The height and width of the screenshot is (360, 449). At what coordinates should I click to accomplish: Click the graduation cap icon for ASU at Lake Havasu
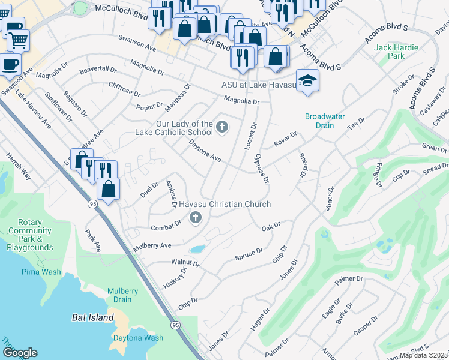307,81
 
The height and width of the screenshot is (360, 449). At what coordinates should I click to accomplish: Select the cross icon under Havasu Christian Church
195,218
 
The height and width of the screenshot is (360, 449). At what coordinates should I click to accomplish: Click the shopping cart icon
18,40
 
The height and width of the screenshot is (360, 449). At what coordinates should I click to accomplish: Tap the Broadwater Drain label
325,121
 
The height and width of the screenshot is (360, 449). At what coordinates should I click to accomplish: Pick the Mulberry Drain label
123,295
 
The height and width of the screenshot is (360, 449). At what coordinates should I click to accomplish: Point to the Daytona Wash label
138,338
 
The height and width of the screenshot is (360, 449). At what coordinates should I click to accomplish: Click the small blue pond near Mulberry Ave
197,248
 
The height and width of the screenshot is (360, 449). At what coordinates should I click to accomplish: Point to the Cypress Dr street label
261,169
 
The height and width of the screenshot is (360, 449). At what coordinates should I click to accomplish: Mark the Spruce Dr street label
249,254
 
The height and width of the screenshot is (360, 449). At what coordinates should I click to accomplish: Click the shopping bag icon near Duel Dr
108,190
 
